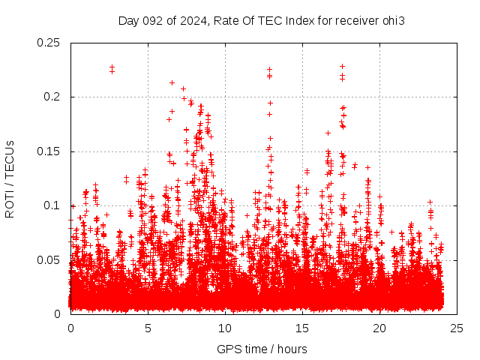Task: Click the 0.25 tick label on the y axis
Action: tap(49, 43)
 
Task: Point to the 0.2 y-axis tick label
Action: tap(52, 97)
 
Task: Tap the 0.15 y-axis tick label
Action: tap(49, 151)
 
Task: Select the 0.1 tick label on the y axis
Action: tap(52, 205)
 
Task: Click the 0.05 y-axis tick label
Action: tap(49, 259)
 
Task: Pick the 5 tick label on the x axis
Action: tap(148, 328)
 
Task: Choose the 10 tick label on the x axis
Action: tap(225, 328)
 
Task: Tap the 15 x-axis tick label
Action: tap(302, 328)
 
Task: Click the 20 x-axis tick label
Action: tap(379, 328)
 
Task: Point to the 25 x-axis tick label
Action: tap(457, 328)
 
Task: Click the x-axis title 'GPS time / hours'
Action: tap(262, 349)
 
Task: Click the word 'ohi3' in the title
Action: tap(393, 20)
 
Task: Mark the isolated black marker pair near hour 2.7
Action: tap(112, 69)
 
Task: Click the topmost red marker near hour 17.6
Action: tap(342, 67)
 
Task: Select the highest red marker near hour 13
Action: tap(269, 70)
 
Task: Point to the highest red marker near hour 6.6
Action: tap(172, 83)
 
